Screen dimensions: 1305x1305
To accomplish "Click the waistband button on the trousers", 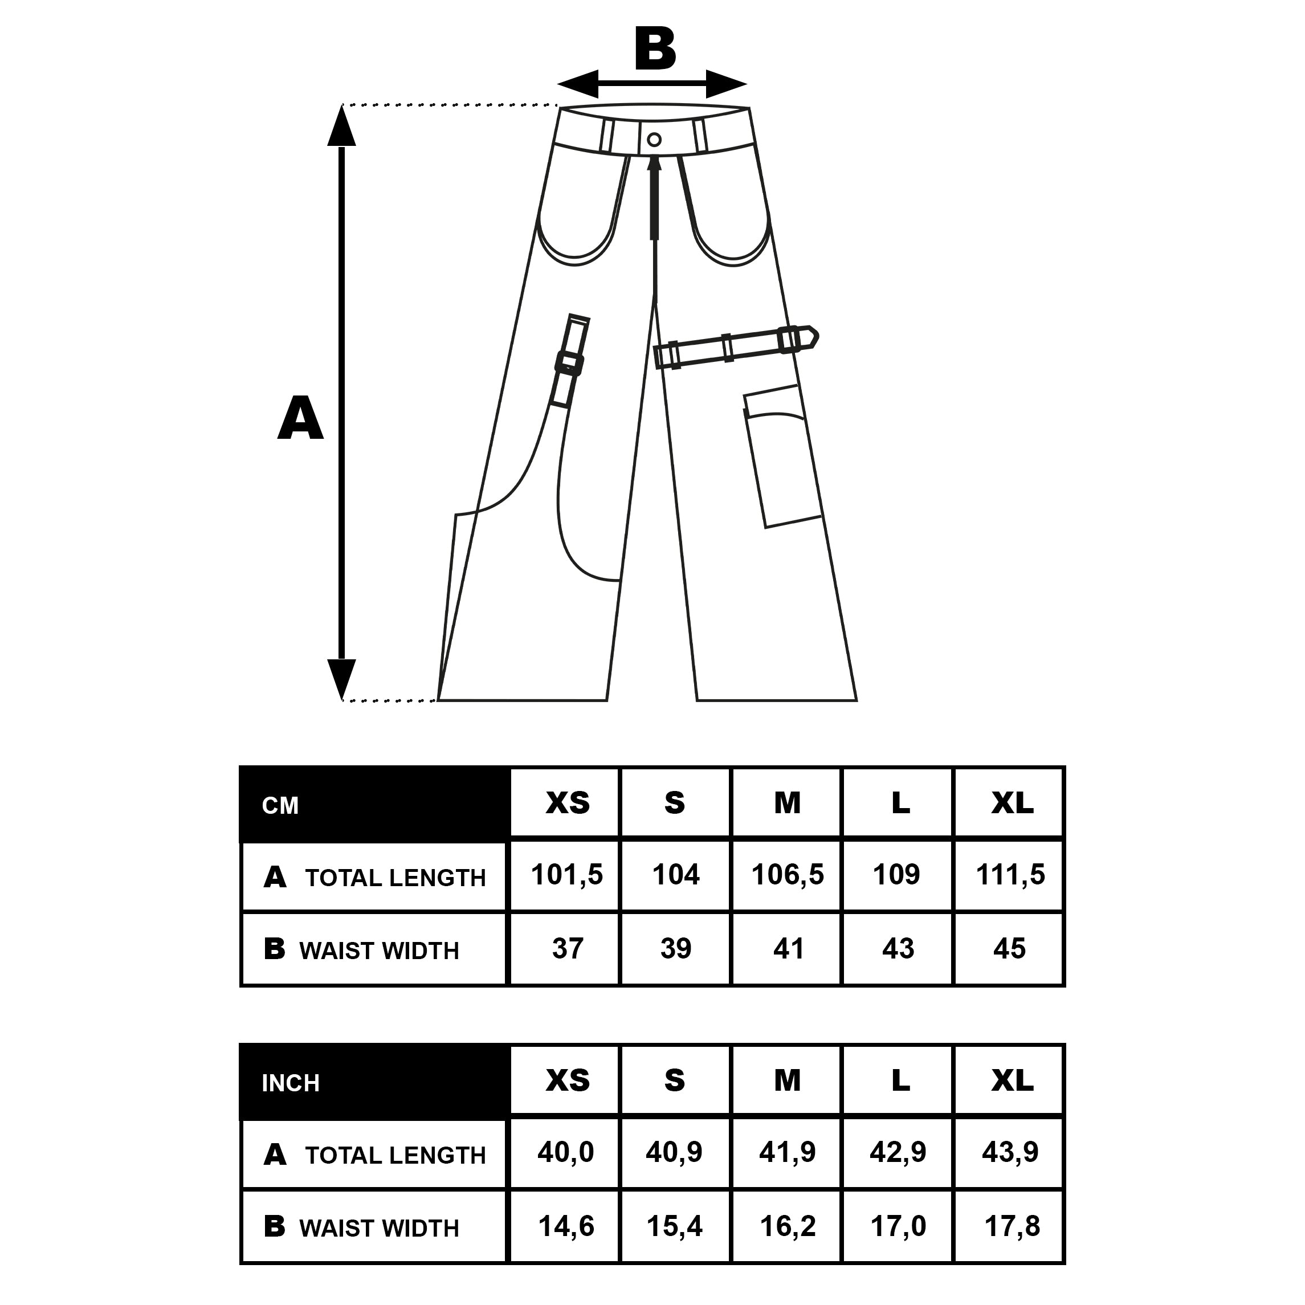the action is click(653, 140).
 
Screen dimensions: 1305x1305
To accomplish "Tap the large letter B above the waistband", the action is click(655, 48).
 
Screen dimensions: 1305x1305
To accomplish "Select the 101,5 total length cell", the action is click(565, 875).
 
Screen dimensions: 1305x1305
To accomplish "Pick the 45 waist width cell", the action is click(1009, 948).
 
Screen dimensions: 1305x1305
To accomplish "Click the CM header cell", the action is click(373, 804).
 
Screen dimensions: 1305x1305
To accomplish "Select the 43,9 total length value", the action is click(1010, 1152).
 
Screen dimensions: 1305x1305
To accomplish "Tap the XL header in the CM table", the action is click(1012, 802).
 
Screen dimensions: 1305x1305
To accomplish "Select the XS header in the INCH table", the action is click(568, 1080).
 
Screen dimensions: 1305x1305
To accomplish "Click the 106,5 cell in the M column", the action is click(787, 875).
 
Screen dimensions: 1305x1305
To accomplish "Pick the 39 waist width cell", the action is click(675, 948).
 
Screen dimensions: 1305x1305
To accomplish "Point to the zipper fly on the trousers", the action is click(654, 197).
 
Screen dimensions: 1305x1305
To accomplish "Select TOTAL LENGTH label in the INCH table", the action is click(395, 1155).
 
